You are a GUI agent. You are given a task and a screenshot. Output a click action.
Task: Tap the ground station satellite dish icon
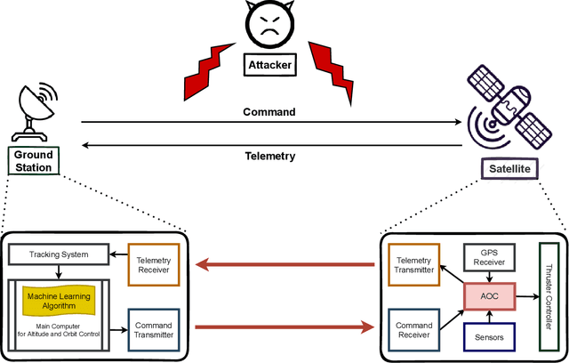click(35, 111)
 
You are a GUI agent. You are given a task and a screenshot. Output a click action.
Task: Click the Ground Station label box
click(34, 161)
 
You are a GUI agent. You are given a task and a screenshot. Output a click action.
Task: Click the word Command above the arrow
click(268, 112)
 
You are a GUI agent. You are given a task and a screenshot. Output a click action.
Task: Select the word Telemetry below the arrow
click(268, 157)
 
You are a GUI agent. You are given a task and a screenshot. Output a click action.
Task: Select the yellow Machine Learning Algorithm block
click(63, 300)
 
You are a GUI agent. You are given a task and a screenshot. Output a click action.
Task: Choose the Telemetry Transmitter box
click(415, 264)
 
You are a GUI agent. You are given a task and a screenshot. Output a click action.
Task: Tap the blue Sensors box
click(491, 337)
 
